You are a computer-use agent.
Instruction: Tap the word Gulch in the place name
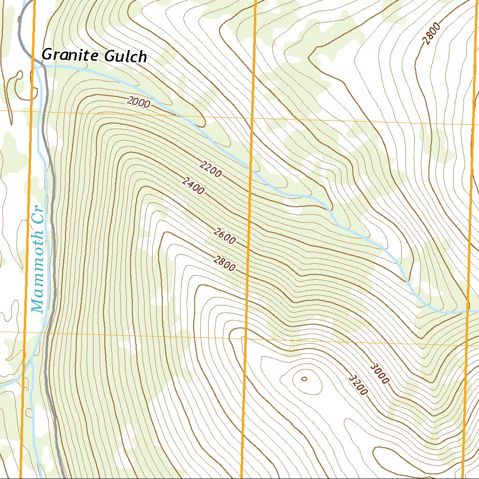[125, 57]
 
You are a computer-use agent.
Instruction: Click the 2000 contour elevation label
[138, 102]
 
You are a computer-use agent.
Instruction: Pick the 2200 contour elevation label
[210, 169]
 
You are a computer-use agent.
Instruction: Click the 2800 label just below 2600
[224, 263]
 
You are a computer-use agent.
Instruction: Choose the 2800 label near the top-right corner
[432, 34]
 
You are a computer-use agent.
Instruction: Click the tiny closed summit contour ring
[305, 379]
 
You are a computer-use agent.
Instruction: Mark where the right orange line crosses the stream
[468, 310]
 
